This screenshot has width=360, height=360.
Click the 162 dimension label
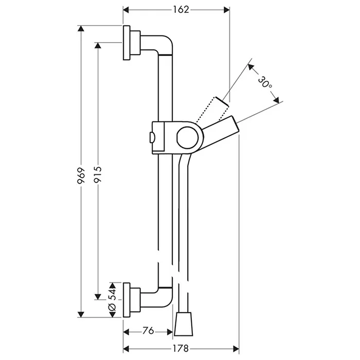point(181,10)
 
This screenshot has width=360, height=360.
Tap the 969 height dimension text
point(81,176)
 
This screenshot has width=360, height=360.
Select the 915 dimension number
point(98,175)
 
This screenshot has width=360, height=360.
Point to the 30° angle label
point(265,82)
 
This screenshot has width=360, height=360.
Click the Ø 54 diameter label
point(112,300)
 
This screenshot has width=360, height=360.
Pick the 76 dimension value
point(148,331)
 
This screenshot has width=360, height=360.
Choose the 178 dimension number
point(181,349)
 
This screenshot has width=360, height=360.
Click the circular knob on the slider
point(187,137)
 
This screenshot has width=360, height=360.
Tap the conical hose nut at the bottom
point(183,323)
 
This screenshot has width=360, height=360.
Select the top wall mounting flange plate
point(127,43)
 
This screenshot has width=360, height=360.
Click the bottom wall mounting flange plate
point(127,300)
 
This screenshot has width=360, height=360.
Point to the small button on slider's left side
point(152,137)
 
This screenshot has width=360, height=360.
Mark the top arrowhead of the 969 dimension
point(81,28)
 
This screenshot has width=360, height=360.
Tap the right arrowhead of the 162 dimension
point(227,10)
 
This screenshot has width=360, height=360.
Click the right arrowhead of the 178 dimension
point(236,349)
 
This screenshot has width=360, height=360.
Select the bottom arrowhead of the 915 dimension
point(98,297)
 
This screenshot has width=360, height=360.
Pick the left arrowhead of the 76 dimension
point(127,332)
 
